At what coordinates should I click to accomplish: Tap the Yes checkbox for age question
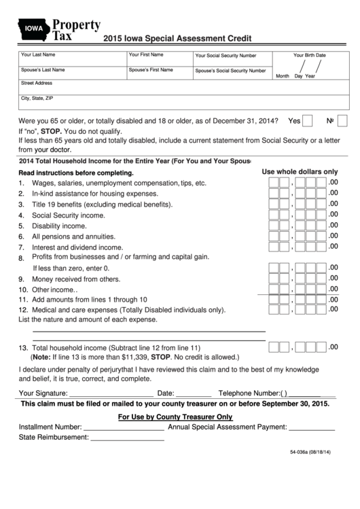307,121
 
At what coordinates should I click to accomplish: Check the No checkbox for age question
342,121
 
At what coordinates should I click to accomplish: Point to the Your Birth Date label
309,55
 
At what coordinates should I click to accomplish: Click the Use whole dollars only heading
300,172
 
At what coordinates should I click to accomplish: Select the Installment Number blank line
123,427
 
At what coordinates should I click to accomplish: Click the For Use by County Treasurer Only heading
175,417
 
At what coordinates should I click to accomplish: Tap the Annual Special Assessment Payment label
227,427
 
